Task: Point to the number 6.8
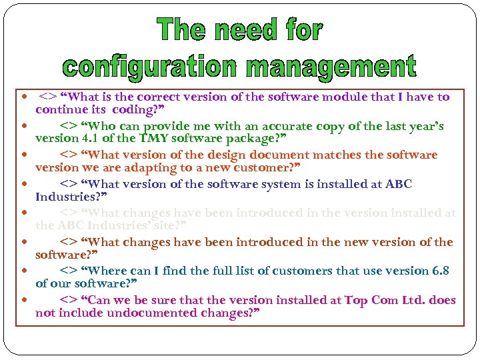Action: [x=441, y=271]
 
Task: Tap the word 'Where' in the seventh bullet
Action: [x=107, y=271]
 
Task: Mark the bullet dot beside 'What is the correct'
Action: [x=25, y=97]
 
